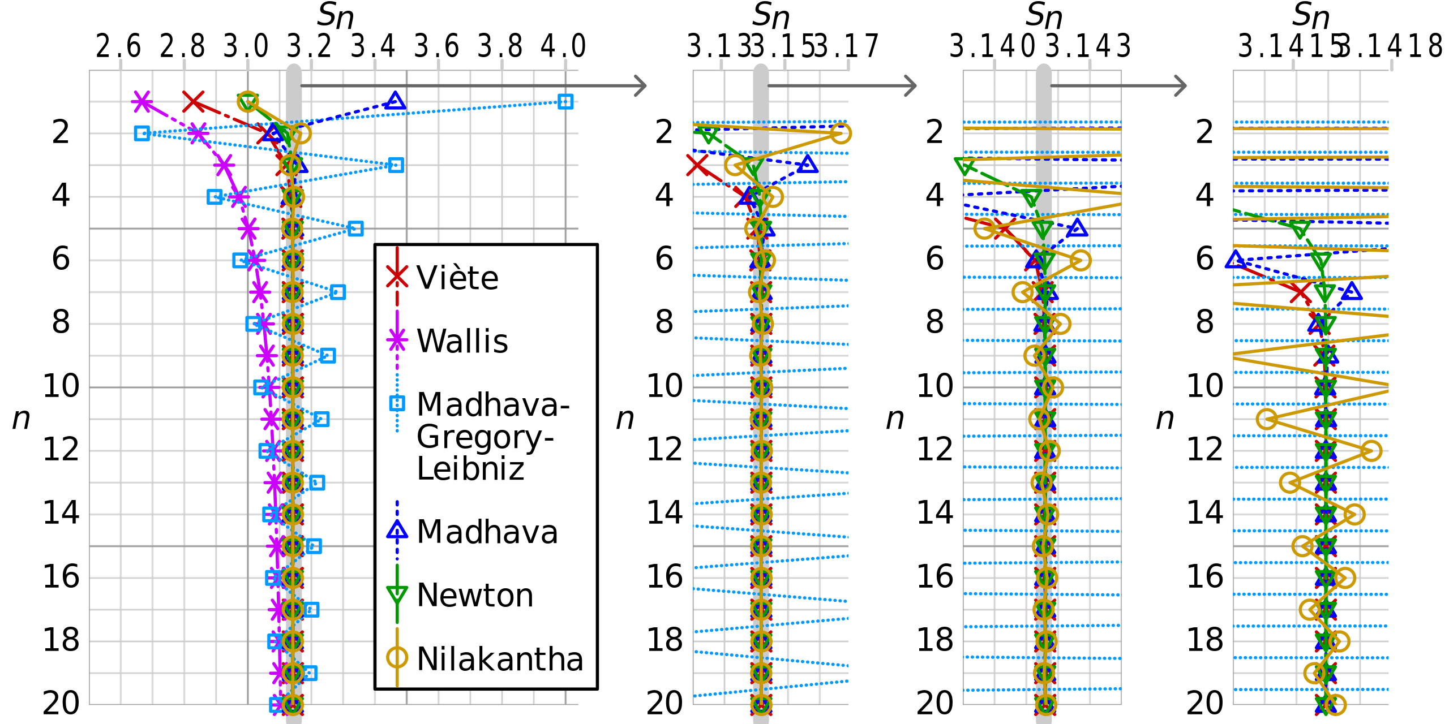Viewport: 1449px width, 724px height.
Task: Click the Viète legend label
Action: click(x=457, y=278)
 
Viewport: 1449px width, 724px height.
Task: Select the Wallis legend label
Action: click(x=462, y=341)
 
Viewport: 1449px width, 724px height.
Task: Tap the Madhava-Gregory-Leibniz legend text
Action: click(x=492, y=436)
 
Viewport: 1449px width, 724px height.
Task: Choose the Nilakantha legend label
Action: click(x=500, y=659)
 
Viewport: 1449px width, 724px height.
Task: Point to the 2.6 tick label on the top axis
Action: click(x=118, y=46)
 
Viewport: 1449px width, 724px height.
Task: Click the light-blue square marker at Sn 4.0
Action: click(x=565, y=102)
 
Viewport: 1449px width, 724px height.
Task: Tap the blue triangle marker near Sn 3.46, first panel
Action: click(x=395, y=101)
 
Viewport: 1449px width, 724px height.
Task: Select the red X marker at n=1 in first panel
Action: click(x=194, y=102)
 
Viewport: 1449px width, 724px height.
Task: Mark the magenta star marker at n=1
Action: click(x=142, y=102)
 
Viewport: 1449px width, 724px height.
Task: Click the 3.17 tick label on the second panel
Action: click(x=847, y=46)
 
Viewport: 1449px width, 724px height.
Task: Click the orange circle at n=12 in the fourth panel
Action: click(x=1371, y=451)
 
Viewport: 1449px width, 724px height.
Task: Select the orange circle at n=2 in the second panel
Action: click(x=841, y=133)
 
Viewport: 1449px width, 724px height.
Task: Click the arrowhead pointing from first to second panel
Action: click(x=640, y=86)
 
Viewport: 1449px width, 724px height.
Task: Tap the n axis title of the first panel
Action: click(x=21, y=419)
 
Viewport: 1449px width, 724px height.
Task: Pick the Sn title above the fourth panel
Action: click(x=1310, y=16)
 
